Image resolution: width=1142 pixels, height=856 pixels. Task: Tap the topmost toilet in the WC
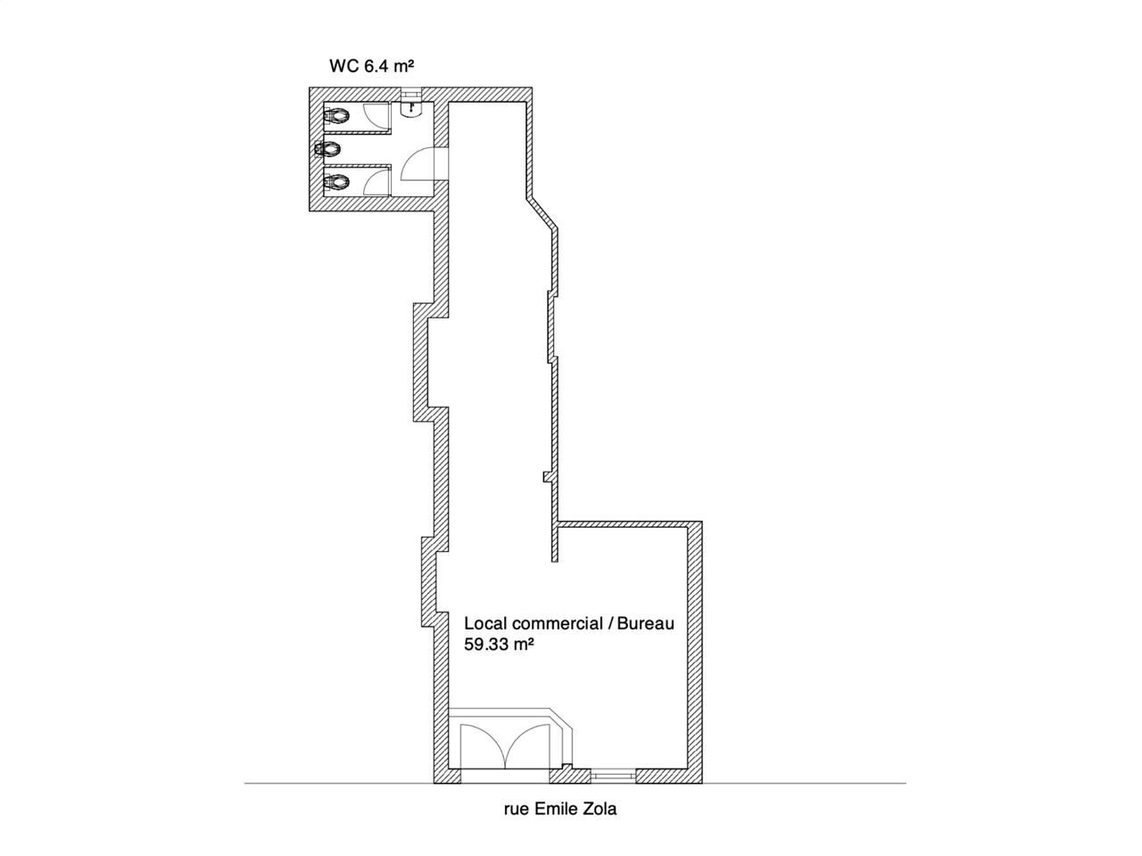pyautogui.click(x=337, y=116)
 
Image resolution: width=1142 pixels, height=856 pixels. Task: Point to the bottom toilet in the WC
pyautogui.click(x=337, y=183)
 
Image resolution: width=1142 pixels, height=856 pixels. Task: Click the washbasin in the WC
pyautogui.click(x=411, y=108)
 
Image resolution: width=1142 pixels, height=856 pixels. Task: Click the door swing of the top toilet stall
pyautogui.click(x=378, y=118)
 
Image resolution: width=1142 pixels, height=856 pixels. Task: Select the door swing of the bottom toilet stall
pyautogui.click(x=378, y=182)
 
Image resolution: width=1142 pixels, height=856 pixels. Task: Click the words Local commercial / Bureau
pyautogui.click(x=569, y=623)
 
